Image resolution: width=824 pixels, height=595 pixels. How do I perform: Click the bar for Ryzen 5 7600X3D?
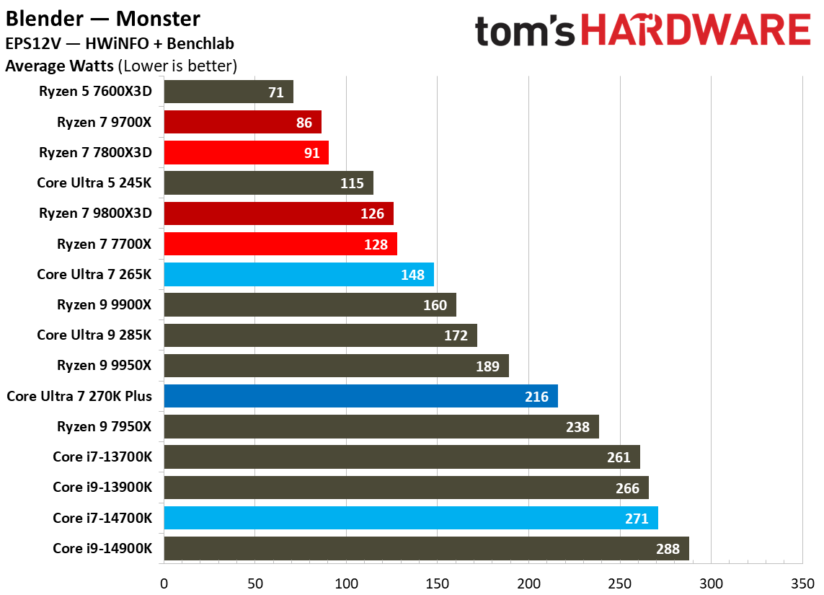click(228, 92)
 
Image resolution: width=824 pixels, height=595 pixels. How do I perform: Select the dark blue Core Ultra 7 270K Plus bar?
click(360, 396)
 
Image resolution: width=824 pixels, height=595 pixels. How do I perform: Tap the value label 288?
click(668, 549)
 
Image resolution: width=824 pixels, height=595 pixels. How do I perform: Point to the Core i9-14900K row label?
click(102, 548)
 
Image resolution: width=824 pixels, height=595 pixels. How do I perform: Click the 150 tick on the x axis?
click(438, 582)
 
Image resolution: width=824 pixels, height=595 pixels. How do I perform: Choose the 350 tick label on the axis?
click(802, 582)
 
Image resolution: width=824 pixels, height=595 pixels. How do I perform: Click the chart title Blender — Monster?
click(103, 17)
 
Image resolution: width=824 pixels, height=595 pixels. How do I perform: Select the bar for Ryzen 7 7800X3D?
click(246, 153)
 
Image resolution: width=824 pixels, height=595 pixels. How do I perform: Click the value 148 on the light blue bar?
click(414, 275)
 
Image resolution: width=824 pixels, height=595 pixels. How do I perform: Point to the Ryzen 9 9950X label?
click(105, 366)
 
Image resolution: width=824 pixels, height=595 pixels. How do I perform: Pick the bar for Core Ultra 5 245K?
click(268, 183)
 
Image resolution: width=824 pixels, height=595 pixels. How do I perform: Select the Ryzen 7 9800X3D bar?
click(278, 213)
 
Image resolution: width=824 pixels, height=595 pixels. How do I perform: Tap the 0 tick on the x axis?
click(164, 582)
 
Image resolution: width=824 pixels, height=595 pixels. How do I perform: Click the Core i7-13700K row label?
click(102, 457)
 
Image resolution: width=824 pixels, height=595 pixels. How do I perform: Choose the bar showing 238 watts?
click(381, 427)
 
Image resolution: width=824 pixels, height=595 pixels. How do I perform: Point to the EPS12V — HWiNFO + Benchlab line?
click(119, 44)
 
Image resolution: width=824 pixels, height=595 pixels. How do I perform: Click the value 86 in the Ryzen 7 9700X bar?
click(304, 123)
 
